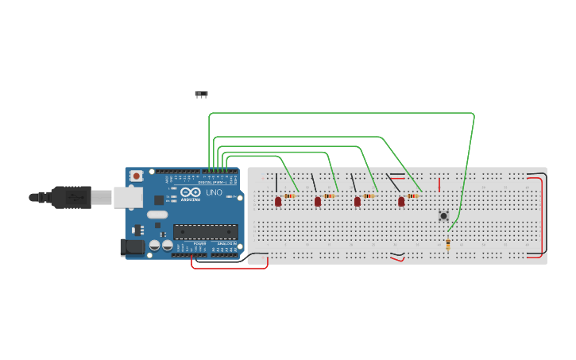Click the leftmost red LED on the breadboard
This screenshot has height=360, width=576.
pos(278,201)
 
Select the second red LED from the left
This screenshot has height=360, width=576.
pos(318,201)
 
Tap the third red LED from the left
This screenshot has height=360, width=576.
pos(358,201)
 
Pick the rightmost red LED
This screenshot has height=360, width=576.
pos(401,201)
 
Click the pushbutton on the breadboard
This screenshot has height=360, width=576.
pos(443,215)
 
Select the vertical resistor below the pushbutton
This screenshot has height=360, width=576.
pos(448,244)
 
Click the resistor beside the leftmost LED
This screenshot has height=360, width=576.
pos(290,195)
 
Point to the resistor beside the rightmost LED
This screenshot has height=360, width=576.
pos(412,195)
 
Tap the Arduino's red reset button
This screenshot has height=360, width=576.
pos(137,176)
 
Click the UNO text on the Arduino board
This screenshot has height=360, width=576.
pos(214,192)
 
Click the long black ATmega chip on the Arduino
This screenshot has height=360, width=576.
pos(206,232)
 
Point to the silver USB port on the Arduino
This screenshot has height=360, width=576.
pos(127,197)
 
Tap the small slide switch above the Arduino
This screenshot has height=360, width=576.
pos(201,94)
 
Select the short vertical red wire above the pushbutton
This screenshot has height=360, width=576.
pos(439,184)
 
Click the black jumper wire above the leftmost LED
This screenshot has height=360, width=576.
pos(276,182)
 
